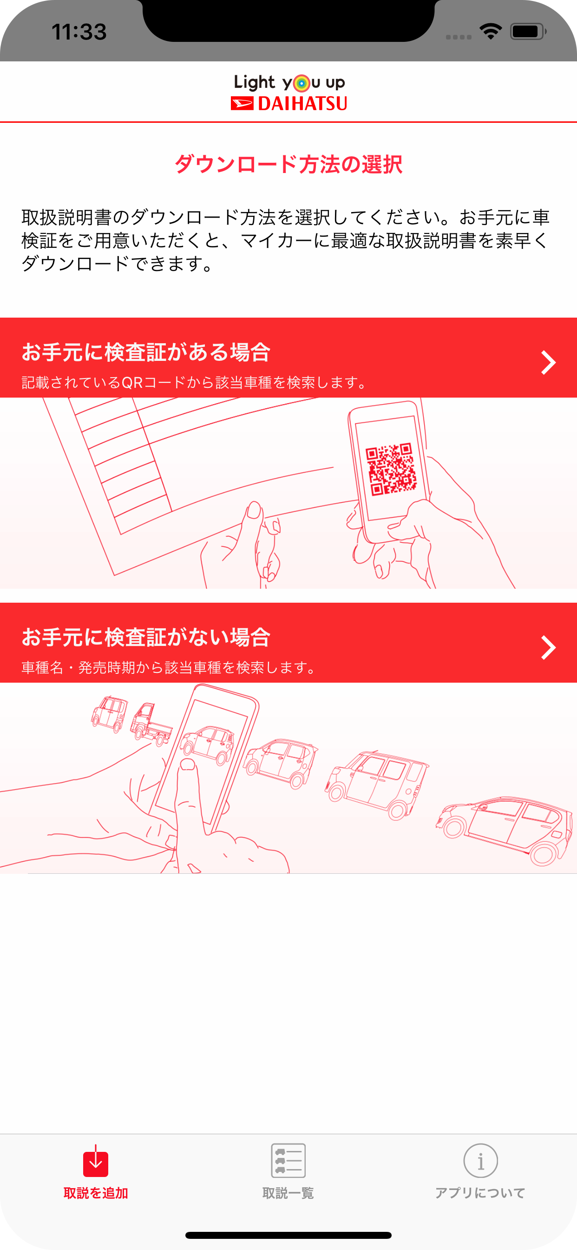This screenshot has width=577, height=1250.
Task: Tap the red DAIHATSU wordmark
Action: [x=302, y=103]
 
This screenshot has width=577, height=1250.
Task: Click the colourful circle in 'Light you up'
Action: [x=302, y=83]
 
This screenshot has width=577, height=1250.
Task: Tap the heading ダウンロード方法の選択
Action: [x=288, y=164]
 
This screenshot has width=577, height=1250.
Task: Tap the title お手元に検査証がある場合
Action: [x=146, y=352]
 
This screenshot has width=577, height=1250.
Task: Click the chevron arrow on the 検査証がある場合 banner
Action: [x=548, y=362]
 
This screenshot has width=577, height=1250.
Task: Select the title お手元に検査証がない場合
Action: [x=146, y=637]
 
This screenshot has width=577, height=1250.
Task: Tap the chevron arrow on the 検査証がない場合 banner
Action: [x=548, y=647]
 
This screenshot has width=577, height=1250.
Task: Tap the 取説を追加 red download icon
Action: [x=96, y=1161]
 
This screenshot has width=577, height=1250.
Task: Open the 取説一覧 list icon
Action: [x=288, y=1160]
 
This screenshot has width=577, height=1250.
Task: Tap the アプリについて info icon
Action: [x=480, y=1160]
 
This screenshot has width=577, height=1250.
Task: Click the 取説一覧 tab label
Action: [x=288, y=1193]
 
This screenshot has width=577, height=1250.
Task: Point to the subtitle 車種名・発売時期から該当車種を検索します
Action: [x=170, y=668]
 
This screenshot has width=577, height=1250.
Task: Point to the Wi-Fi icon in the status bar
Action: [x=490, y=32]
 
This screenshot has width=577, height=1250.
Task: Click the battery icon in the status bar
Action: [x=528, y=32]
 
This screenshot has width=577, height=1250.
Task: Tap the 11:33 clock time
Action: [x=79, y=32]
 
